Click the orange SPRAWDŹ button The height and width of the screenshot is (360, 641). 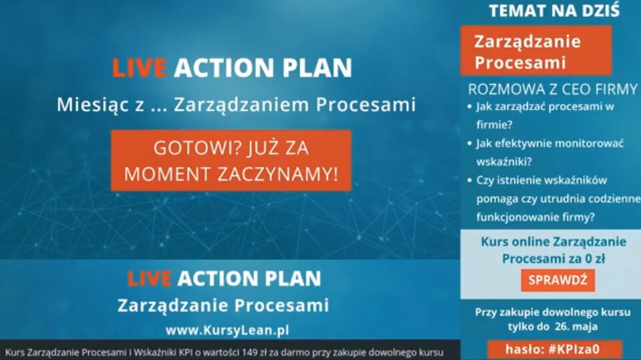pyautogui.click(x=557, y=281)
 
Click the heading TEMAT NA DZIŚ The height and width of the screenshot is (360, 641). pyautogui.click(x=554, y=11)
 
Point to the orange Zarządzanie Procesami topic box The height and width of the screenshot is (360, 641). pyautogui.click(x=535, y=51)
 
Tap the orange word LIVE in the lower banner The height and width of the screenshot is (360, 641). pyautogui.click(x=149, y=279)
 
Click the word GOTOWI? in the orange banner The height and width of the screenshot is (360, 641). pyautogui.click(x=183, y=148)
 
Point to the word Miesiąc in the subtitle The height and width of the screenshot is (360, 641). pyautogui.click(x=87, y=105)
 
